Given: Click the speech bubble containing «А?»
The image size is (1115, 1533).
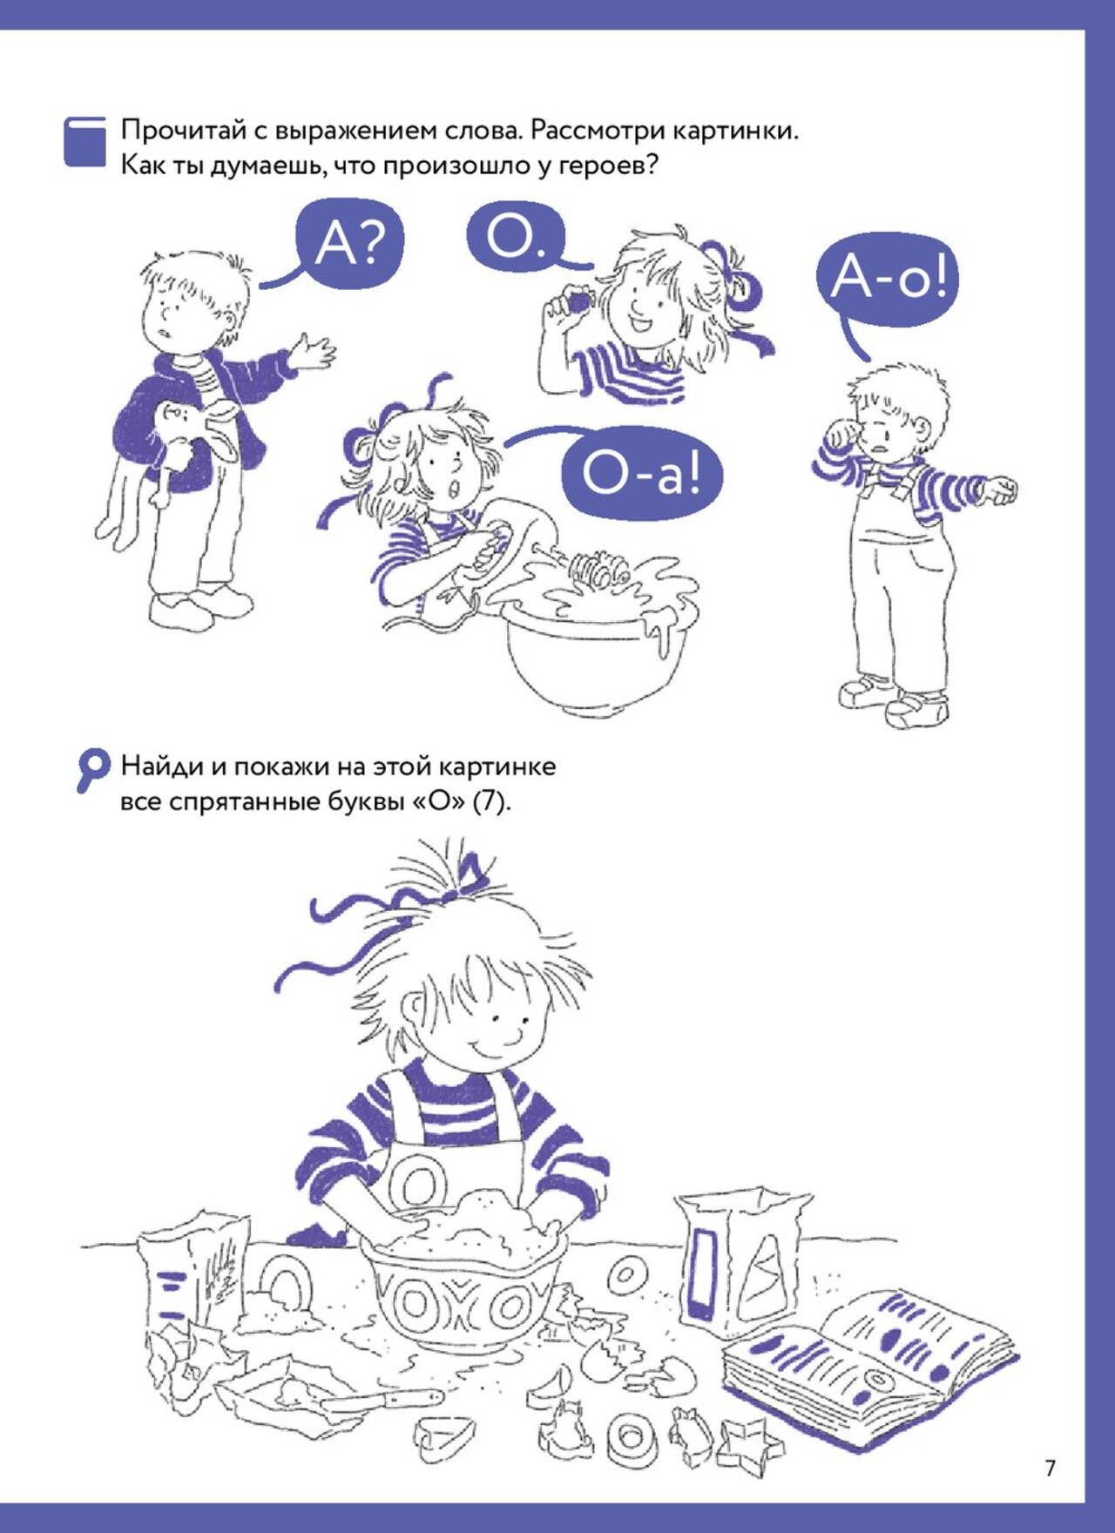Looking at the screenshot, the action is (350, 243).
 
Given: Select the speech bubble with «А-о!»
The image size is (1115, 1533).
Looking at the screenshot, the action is (887, 279).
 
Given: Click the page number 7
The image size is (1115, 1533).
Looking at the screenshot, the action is (1050, 1468).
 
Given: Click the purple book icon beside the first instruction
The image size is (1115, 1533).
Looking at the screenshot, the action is (85, 142).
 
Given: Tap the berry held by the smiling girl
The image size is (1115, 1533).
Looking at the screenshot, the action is (578, 301).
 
